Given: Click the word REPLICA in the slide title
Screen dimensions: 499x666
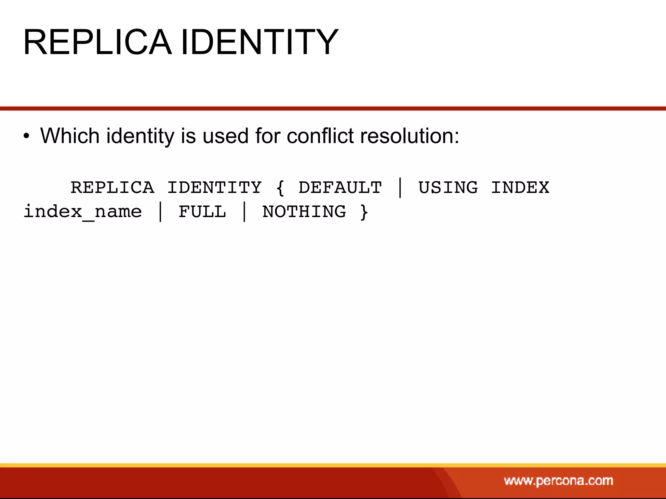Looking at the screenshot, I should click(x=97, y=42).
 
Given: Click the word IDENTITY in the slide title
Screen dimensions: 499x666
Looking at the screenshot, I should click(x=259, y=42).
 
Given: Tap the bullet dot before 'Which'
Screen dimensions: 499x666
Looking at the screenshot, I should click(x=26, y=136).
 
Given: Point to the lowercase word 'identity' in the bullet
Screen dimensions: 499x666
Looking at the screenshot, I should click(x=140, y=136).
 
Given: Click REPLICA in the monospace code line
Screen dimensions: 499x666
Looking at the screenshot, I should click(x=112, y=187).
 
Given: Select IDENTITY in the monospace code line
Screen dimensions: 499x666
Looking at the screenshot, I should click(x=214, y=187).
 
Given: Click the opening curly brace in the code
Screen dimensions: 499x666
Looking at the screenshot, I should click(x=280, y=188).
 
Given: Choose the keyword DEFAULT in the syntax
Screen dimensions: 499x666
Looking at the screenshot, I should click(x=340, y=187).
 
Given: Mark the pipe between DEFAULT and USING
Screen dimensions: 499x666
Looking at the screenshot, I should click(x=400, y=188).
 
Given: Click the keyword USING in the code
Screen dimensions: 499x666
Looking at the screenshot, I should click(x=448, y=187).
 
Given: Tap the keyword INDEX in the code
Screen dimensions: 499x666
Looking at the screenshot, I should click(x=520, y=187).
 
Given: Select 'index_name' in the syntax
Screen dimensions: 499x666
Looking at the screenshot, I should click(x=83, y=212).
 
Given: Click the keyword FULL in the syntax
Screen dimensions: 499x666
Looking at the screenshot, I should click(x=202, y=211).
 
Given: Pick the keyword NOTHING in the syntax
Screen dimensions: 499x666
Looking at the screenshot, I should click(x=304, y=211).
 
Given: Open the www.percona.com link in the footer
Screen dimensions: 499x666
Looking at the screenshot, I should click(x=558, y=481).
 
